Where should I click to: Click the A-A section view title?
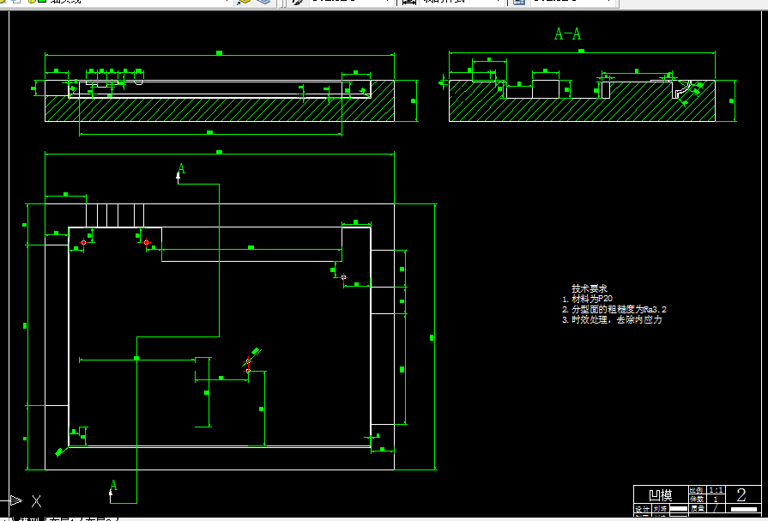[x=568, y=34]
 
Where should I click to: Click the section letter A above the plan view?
[x=181, y=168]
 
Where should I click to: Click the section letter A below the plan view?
[x=113, y=486]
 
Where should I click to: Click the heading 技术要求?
[x=590, y=288]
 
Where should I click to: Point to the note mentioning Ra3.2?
[x=614, y=309]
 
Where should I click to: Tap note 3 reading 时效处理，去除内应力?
[x=612, y=319]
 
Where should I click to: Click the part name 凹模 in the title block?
[x=660, y=495]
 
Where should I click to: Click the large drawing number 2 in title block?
[x=741, y=494]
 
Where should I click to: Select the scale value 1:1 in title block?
[x=715, y=490]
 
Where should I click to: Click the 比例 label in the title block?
[x=696, y=490]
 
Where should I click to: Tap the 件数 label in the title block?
[x=696, y=499]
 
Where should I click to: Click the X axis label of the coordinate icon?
[x=37, y=500]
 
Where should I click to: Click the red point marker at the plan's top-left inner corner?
[x=83, y=243]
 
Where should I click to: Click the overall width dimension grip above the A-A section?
[x=581, y=51]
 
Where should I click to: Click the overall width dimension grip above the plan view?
[x=219, y=152]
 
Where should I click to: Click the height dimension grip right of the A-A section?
[x=734, y=101]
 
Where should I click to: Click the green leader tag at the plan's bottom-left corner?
[x=59, y=451]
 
